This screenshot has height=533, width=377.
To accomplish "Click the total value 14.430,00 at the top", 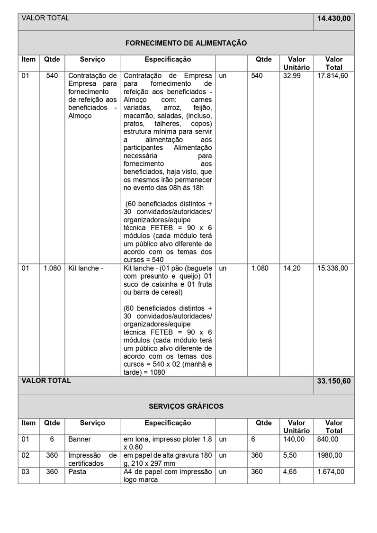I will (x=334, y=18).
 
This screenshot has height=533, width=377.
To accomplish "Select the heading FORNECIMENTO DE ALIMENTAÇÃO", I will (x=186, y=43).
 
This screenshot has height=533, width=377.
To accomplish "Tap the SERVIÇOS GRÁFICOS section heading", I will (x=186, y=407).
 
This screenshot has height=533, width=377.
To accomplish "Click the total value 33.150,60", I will (x=334, y=381).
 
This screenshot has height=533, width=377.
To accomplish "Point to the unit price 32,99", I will (x=292, y=76).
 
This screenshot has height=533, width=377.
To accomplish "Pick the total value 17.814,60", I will (x=332, y=76).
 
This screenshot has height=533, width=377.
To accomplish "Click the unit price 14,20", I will (x=292, y=268).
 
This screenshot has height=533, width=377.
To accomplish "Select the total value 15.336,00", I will (x=332, y=268).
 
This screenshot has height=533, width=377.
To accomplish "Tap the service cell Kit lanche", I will (x=86, y=268).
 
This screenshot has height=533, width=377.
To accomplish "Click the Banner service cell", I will (x=80, y=439).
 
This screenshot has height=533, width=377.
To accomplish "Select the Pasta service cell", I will (x=77, y=471).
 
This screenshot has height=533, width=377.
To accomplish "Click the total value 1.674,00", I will (x=331, y=471).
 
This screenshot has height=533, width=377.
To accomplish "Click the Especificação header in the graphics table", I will (x=168, y=423).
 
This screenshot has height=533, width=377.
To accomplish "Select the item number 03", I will (x=26, y=471).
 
